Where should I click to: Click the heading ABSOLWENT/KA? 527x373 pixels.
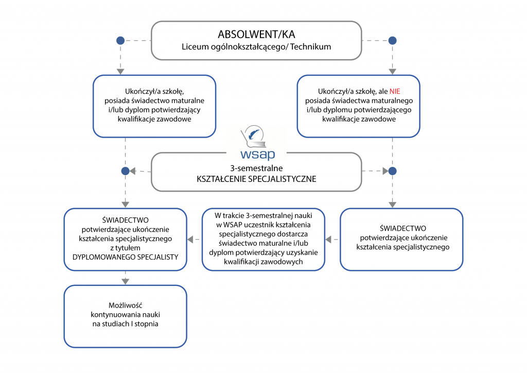[256, 35]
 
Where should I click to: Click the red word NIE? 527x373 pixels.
[395, 91]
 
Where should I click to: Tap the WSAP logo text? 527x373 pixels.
[258, 154]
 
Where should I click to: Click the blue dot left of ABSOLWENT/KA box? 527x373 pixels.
[120, 40]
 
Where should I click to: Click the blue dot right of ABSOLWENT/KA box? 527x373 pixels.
[392, 40]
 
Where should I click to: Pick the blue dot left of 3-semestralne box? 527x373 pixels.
[125, 171]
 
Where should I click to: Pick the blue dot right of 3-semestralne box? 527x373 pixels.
[392, 171]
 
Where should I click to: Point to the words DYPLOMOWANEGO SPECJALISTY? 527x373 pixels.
[125, 257]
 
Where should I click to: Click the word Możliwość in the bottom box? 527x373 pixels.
[125, 305]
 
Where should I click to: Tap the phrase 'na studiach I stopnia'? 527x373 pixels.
[125, 324]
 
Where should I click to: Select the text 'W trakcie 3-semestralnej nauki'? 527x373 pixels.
[263, 215]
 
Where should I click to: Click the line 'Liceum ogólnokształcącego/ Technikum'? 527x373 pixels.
[256, 47]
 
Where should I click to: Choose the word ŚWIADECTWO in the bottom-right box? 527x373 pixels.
[402, 228]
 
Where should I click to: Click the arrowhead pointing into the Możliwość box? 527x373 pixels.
[125, 281]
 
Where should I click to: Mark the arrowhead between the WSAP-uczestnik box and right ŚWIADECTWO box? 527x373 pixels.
[330, 239]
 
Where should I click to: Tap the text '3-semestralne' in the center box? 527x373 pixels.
[256, 168]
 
